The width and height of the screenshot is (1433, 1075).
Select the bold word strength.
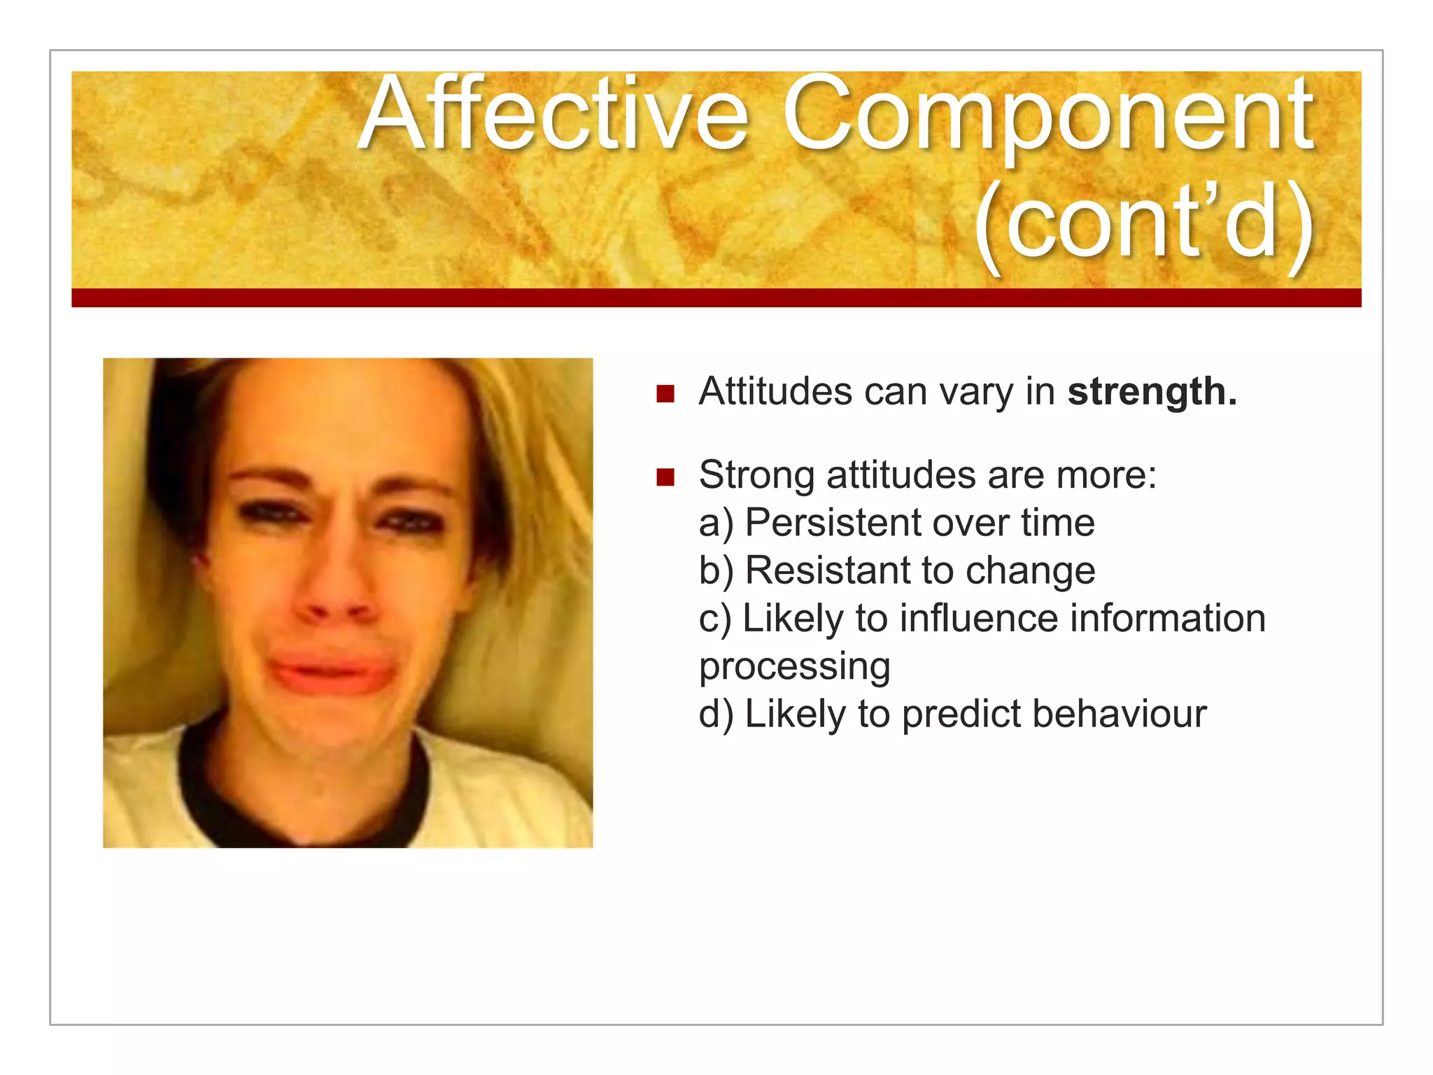pyautogui.click(x=1152, y=392)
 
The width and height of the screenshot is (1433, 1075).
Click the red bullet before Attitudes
pyautogui.click(x=665, y=393)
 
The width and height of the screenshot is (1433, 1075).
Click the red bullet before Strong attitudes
pyautogui.click(x=665, y=477)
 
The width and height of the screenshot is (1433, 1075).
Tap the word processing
pyautogui.click(x=794, y=667)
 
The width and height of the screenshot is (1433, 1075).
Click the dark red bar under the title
pyautogui.click(x=716, y=297)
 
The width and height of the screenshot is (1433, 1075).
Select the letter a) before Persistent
pyautogui.click(x=716, y=524)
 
